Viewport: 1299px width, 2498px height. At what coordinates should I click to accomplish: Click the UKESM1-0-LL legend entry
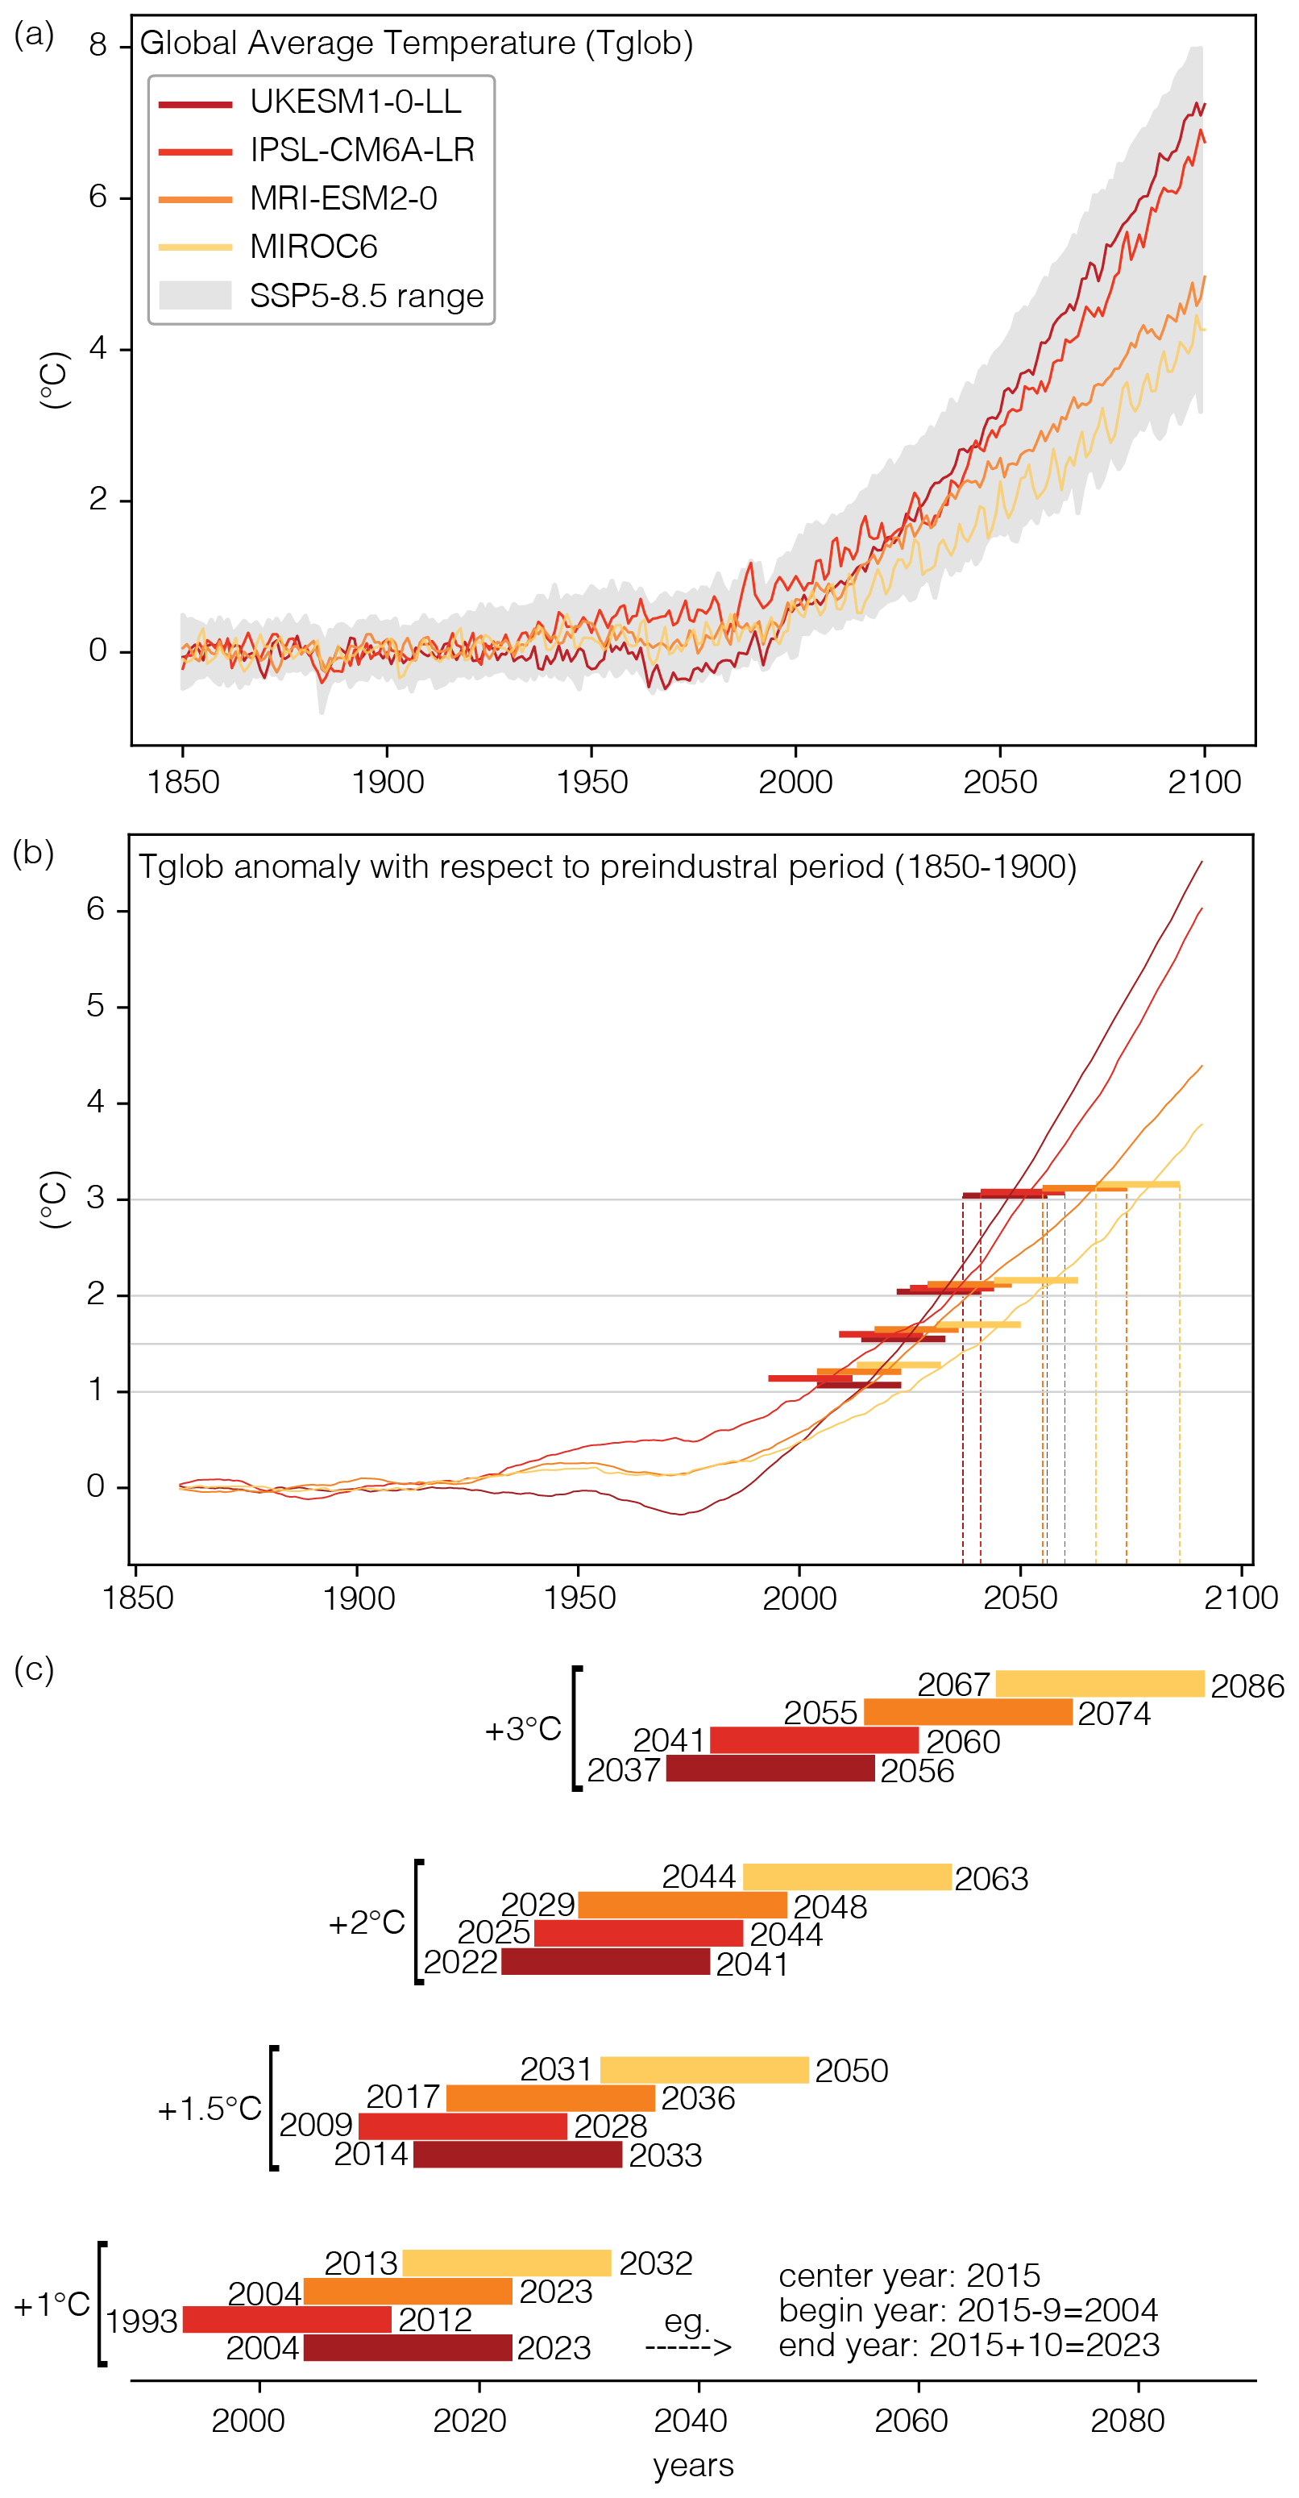pos(355,102)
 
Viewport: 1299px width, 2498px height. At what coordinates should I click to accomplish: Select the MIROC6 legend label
pos(313,247)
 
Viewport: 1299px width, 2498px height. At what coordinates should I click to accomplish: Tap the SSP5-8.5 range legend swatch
pos(195,296)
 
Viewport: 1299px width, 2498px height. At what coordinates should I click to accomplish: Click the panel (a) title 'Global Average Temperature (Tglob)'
pos(416,44)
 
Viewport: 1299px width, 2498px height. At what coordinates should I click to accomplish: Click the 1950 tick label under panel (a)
pos(591,782)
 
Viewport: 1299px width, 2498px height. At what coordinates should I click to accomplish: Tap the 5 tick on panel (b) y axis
pos(95,1006)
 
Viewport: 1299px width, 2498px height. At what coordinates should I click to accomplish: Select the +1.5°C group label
pos(210,2109)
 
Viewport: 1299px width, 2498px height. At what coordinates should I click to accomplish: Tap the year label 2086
pos(1247,1686)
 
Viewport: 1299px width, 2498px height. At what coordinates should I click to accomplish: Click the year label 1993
pos(142,2321)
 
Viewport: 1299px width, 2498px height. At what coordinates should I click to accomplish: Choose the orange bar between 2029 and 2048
pos(683,1905)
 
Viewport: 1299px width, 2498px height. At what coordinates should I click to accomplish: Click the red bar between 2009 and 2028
pos(463,2126)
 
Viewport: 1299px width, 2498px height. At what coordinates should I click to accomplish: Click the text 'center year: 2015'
pos(908,2275)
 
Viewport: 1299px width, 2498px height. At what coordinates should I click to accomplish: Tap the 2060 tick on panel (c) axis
pos(911,2421)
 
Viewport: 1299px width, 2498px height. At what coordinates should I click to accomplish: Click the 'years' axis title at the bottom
pos(693,2465)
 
